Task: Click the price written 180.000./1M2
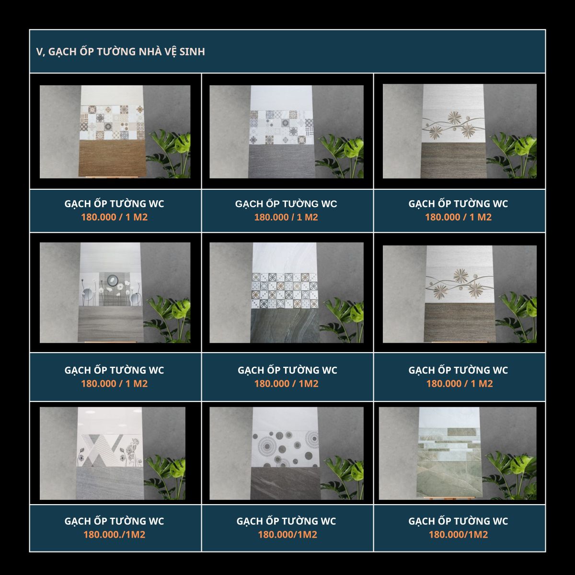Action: click(x=115, y=534)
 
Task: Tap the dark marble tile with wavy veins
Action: click(x=285, y=325)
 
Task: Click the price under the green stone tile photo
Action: click(x=459, y=534)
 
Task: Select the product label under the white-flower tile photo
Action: click(x=115, y=370)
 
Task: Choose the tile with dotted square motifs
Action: click(x=285, y=291)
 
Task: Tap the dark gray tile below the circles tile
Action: click(x=285, y=483)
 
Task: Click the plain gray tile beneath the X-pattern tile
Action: click(x=110, y=483)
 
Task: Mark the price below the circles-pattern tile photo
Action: click(x=287, y=534)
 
